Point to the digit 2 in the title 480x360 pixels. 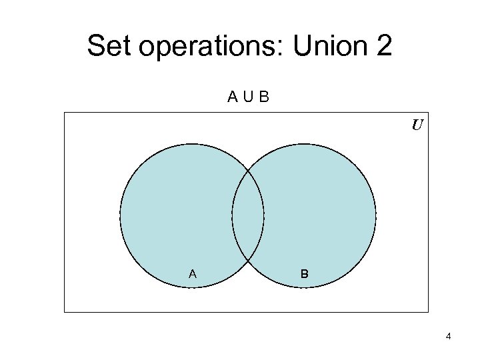pos(383,46)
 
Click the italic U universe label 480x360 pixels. pos(417,125)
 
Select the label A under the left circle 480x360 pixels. pos(193,273)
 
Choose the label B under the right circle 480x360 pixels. pos(304,273)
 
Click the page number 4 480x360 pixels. pos(449,336)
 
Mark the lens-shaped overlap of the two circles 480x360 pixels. pos(248,216)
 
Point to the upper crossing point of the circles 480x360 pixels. pos(248,169)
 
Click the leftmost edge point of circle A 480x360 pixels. pos(120,216)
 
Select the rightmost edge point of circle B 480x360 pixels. pos(376,216)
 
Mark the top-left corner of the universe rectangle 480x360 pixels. pos(65,113)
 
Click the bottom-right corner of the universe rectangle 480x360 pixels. pos(428,311)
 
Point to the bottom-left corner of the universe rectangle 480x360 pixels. pos(65,311)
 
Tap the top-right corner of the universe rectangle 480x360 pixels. pos(428,113)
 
